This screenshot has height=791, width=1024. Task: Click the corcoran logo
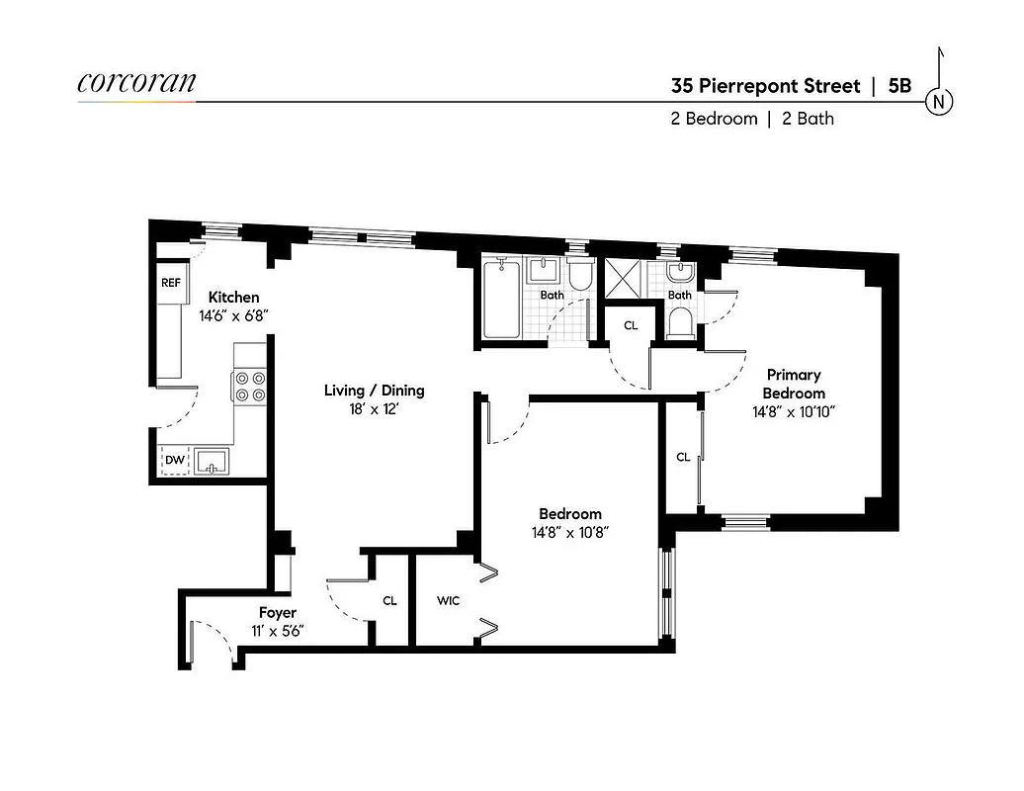(x=136, y=83)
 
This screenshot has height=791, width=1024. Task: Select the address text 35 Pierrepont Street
(x=765, y=86)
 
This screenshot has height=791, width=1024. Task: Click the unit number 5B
(x=899, y=86)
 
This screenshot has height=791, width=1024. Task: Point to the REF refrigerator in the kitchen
(x=171, y=283)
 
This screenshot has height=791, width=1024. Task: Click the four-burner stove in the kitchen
(x=251, y=386)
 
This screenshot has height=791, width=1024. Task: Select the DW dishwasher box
(x=174, y=460)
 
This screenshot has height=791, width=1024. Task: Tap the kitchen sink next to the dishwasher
(x=212, y=461)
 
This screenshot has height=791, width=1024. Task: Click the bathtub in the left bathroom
(x=501, y=300)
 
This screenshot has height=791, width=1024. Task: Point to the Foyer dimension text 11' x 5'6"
(x=278, y=631)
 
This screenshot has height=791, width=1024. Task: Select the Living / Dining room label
(x=374, y=391)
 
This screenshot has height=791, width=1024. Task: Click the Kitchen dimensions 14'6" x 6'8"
(x=234, y=315)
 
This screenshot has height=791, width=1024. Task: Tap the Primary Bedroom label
(x=793, y=384)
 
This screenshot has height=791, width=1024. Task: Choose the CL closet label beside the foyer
(x=389, y=600)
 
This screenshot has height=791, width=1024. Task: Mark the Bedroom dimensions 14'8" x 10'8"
(x=569, y=532)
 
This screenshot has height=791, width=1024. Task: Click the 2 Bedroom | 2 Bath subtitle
(x=752, y=119)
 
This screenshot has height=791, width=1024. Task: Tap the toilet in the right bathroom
(x=679, y=322)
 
